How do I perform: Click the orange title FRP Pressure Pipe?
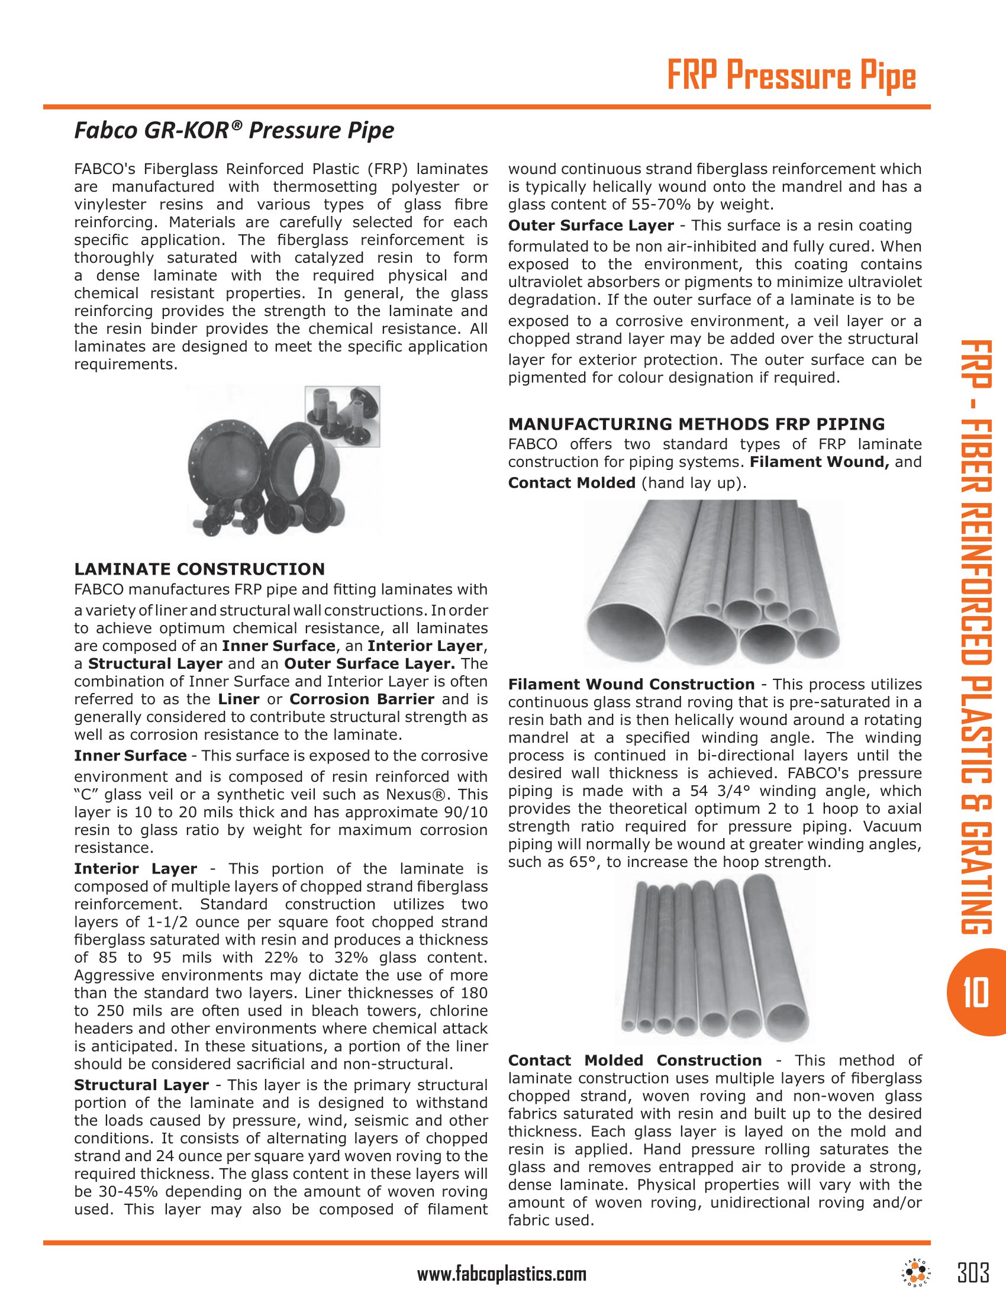(790, 78)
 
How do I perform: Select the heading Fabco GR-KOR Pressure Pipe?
(234, 131)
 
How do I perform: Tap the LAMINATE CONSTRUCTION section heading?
(199, 569)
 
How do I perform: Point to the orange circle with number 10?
(976, 992)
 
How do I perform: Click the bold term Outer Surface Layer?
(591, 225)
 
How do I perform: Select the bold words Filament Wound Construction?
(631, 684)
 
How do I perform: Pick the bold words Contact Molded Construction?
(635, 1061)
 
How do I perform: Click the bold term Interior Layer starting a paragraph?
(136, 869)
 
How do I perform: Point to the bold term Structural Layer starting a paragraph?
(141, 1085)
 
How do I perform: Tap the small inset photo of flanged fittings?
(343, 416)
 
